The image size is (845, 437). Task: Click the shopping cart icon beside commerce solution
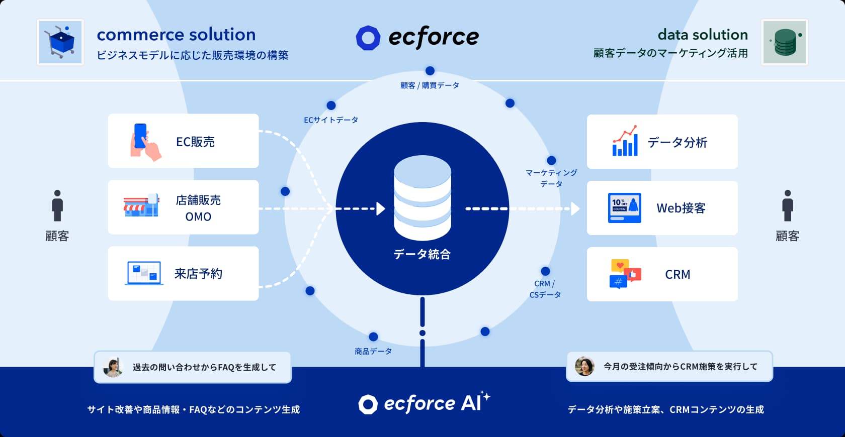coord(60,42)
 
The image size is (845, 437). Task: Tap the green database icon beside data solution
coord(785,42)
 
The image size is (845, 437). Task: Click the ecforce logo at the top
coord(417,38)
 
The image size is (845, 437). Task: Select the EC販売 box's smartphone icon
coord(144,142)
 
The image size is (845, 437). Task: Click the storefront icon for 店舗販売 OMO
coord(141,206)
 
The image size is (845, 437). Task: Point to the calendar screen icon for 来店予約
coord(144,273)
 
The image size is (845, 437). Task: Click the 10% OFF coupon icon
coord(624,207)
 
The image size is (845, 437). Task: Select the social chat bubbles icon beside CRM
coord(625,274)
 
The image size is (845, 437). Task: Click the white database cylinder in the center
coord(422,198)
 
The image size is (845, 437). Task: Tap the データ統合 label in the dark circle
coord(422,255)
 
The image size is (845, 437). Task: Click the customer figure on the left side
coord(57,205)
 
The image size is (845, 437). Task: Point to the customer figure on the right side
coord(788,205)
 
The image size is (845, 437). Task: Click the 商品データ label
coord(373,352)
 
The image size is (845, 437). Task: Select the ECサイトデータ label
coord(331,120)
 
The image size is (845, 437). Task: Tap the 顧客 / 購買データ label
coord(430,85)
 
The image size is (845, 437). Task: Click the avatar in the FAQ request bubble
coord(113,367)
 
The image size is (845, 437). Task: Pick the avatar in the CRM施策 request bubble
coord(584,366)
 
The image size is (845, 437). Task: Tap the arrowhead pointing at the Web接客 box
coord(575,208)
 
